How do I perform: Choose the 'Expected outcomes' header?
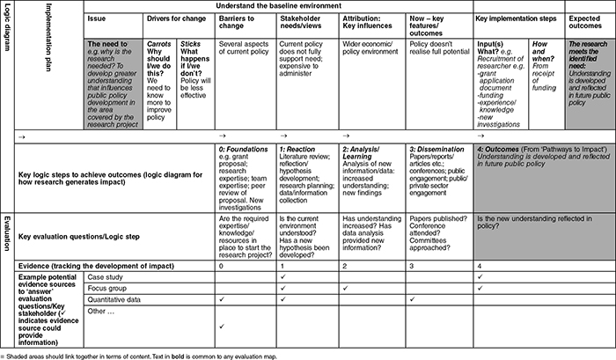[589, 22]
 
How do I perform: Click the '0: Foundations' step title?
[242, 151]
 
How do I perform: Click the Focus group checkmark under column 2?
[345, 288]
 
